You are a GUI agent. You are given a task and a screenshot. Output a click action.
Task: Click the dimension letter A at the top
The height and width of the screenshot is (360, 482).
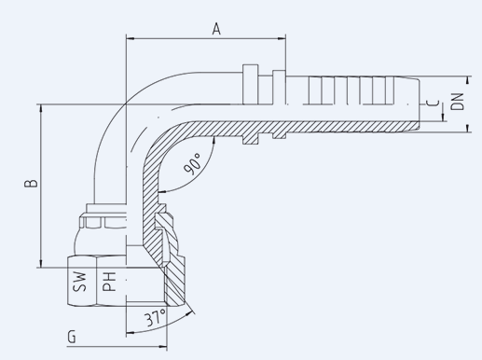point(216,29)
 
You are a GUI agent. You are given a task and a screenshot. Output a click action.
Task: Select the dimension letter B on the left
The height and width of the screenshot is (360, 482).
point(31,183)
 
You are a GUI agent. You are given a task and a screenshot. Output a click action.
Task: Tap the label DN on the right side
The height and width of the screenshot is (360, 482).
point(458,102)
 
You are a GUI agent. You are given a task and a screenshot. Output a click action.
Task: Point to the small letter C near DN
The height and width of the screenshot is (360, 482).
point(434,103)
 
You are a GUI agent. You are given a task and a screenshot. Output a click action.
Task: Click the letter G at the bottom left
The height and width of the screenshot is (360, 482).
point(72,337)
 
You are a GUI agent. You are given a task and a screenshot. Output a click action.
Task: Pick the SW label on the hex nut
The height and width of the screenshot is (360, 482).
point(79,282)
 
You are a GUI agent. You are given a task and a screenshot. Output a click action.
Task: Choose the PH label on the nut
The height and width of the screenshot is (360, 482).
point(109,282)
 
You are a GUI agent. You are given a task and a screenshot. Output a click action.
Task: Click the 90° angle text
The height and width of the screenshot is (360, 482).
point(193,164)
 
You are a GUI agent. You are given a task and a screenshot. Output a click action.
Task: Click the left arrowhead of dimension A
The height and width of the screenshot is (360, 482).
point(130,38)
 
